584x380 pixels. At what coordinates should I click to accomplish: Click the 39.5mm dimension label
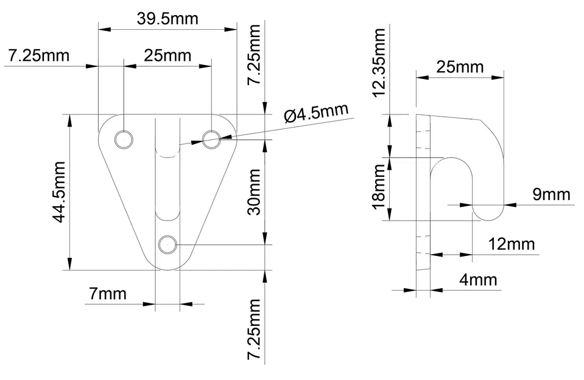[167, 18]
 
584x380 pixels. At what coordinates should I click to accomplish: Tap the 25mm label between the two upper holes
[167, 56]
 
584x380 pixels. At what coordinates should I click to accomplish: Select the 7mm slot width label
[108, 294]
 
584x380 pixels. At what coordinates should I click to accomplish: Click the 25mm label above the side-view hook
[460, 66]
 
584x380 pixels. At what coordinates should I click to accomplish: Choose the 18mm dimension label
[379, 189]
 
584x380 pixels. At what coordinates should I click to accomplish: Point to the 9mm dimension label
[551, 195]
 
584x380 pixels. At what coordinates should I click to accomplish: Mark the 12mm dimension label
[512, 244]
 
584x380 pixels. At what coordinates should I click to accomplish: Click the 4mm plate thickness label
[478, 280]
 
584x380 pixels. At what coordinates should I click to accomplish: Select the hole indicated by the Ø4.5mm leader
[212, 139]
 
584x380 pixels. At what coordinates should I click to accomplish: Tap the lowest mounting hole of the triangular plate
[167, 245]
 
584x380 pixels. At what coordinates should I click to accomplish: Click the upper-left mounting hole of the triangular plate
[124, 139]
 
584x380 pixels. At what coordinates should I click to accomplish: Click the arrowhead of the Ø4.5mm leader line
[196, 143]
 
